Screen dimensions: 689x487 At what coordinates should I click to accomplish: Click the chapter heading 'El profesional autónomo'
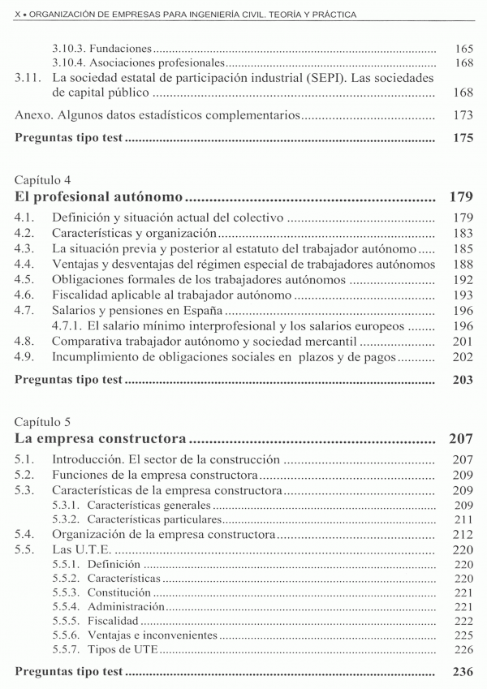98,197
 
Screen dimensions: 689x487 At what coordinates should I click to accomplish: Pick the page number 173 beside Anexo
463,115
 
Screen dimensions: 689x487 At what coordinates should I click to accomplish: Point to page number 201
463,342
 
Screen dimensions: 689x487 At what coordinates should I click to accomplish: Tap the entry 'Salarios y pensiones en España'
137,311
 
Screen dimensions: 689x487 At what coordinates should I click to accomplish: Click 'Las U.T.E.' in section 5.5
82,549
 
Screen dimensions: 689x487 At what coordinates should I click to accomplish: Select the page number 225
463,635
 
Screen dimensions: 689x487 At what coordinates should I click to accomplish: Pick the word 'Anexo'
32,115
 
